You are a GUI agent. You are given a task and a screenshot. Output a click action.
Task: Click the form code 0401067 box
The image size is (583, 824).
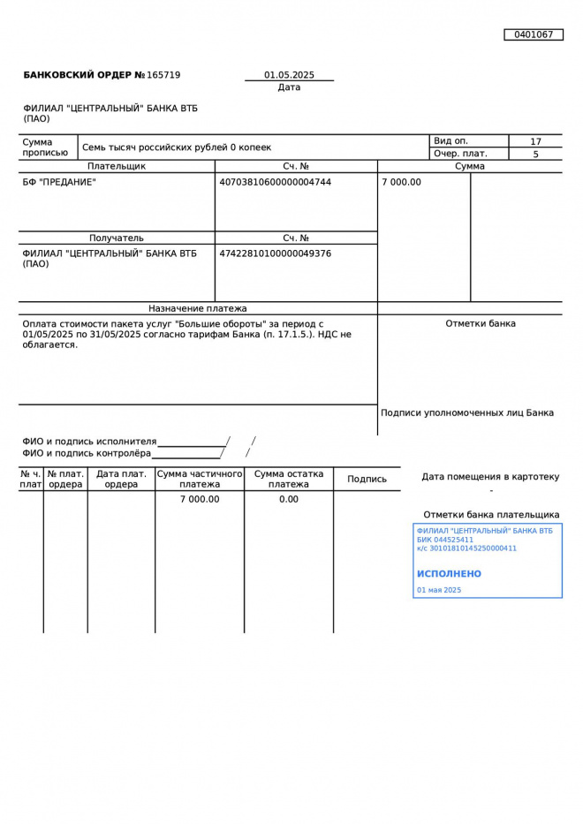[x=534, y=34]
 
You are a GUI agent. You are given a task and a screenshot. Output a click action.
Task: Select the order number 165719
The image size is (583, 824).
[x=163, y=75]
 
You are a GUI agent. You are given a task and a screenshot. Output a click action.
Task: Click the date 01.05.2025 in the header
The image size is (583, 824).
[x=289, y=75]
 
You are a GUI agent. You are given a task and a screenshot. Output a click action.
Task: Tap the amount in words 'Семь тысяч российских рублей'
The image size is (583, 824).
[x=177, y=147]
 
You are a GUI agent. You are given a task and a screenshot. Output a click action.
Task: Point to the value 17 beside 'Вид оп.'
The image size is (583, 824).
[x=535, y=141]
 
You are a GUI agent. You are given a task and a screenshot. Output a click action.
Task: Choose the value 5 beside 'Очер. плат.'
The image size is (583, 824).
[x=535, y=155]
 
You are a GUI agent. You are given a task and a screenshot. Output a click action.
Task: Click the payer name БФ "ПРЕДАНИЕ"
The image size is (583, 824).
[x=59, y=182]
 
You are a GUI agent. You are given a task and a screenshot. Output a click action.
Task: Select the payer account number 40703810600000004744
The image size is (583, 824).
[x=275, y=182]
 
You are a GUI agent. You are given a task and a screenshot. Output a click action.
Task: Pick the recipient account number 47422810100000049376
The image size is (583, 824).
[x=275, y=253]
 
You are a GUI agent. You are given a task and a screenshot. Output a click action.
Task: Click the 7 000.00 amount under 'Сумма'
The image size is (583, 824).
[x=402, y=182]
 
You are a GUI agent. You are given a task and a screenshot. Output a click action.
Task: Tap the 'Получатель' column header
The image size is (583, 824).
[x=116, y=238]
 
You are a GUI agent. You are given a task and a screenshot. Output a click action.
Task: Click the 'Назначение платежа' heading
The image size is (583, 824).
[x=198, y=308]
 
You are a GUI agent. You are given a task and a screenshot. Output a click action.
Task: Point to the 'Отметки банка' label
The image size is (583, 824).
[x=481, y=323]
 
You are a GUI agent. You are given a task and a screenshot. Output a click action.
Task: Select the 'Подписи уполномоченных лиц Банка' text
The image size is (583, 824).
[x=467, y=412]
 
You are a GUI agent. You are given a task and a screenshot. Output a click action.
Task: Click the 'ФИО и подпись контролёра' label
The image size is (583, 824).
[x=87, y=453]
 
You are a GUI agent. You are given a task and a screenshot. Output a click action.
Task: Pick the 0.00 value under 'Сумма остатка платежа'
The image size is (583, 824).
[x=289, y=499]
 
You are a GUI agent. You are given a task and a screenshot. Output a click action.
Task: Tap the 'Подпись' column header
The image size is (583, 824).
[x=367, y=479]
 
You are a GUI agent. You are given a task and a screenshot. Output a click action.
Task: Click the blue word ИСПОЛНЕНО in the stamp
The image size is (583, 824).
[x=449, y=574]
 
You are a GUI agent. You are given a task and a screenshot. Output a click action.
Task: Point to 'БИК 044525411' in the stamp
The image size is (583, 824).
[x=445, y=540]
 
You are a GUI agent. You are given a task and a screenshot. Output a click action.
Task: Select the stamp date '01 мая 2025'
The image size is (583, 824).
[x=439, y=590]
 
